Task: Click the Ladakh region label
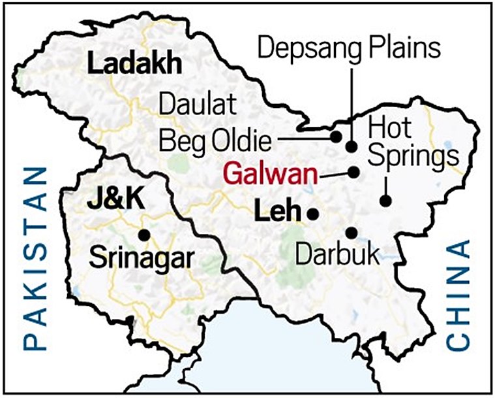(134, 65)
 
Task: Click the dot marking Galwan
(354, 173)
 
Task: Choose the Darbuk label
(337, 254)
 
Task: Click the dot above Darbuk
(352, 232)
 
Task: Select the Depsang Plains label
(350, 47)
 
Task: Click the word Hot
(391, 126)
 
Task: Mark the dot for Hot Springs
(386, 201)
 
